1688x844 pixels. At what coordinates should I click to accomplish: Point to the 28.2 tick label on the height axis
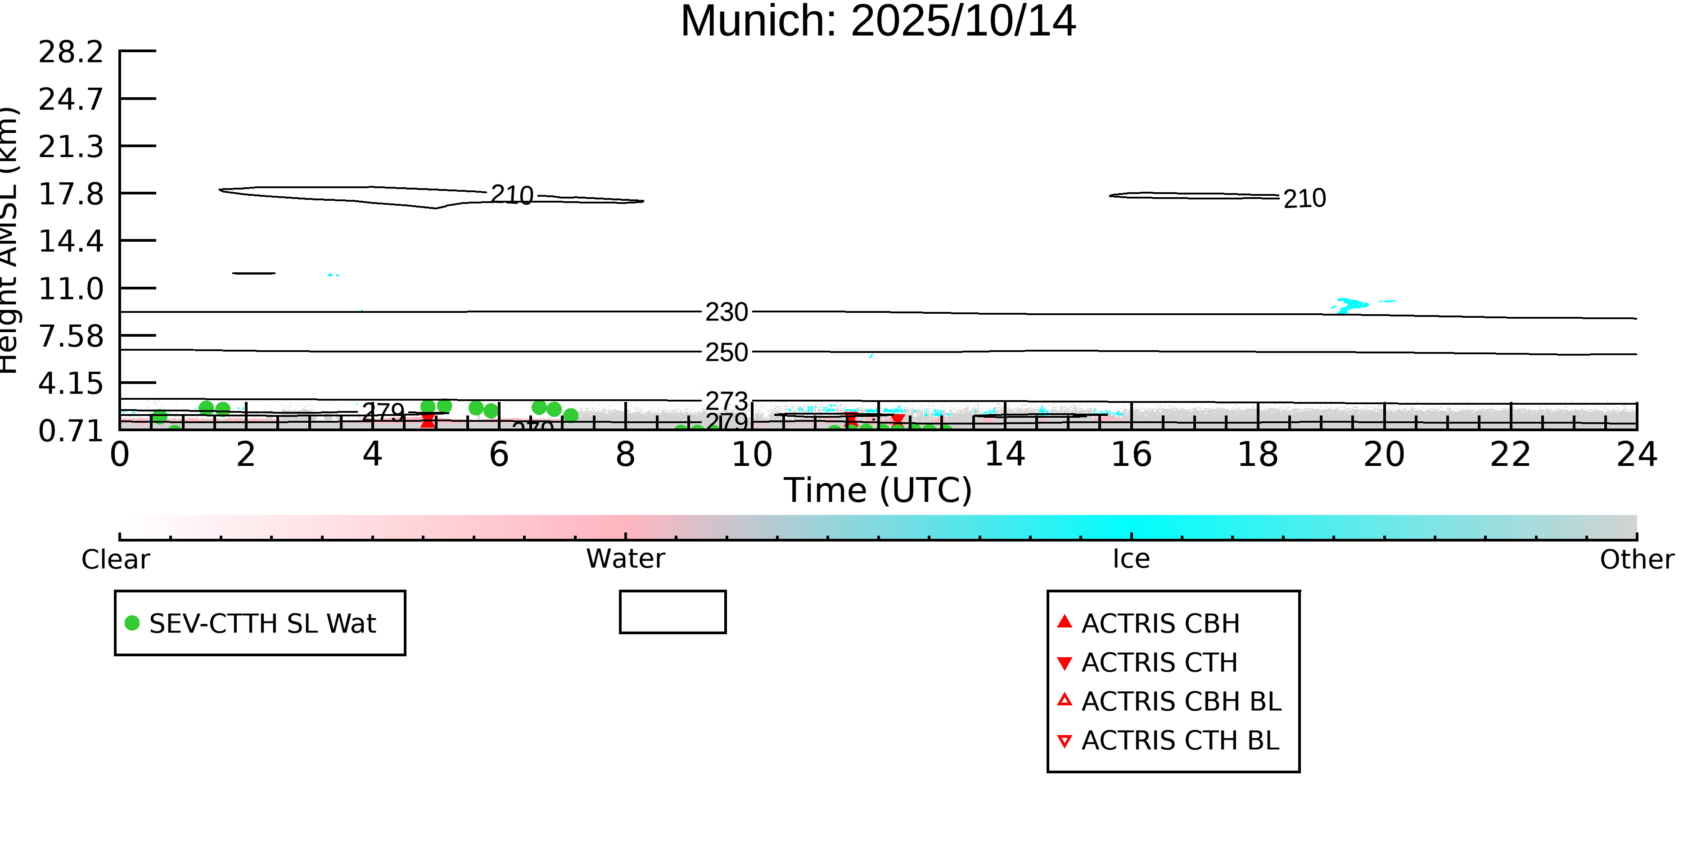(x=71, y=52)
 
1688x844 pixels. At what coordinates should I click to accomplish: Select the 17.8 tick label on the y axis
(x=71, y=194)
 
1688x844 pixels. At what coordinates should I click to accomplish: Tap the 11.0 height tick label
(x=71, y=289)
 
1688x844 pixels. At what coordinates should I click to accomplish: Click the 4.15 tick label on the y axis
(x=71, y=384)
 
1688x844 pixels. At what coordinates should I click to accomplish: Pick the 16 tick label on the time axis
(x=1131, y=455)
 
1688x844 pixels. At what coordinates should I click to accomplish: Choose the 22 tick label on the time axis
(x=1510, y=455)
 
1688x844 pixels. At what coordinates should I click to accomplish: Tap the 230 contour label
(x=726, y=312)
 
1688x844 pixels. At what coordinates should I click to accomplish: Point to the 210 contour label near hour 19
(x=1304, y=199)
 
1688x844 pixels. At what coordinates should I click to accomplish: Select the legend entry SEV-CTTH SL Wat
(x=262, y=623)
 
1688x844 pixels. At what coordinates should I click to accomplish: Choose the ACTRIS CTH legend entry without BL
(x=1159, y=663)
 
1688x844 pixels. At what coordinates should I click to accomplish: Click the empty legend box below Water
(x=672, y=612)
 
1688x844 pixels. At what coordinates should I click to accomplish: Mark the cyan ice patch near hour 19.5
(x=1350, y=305)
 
